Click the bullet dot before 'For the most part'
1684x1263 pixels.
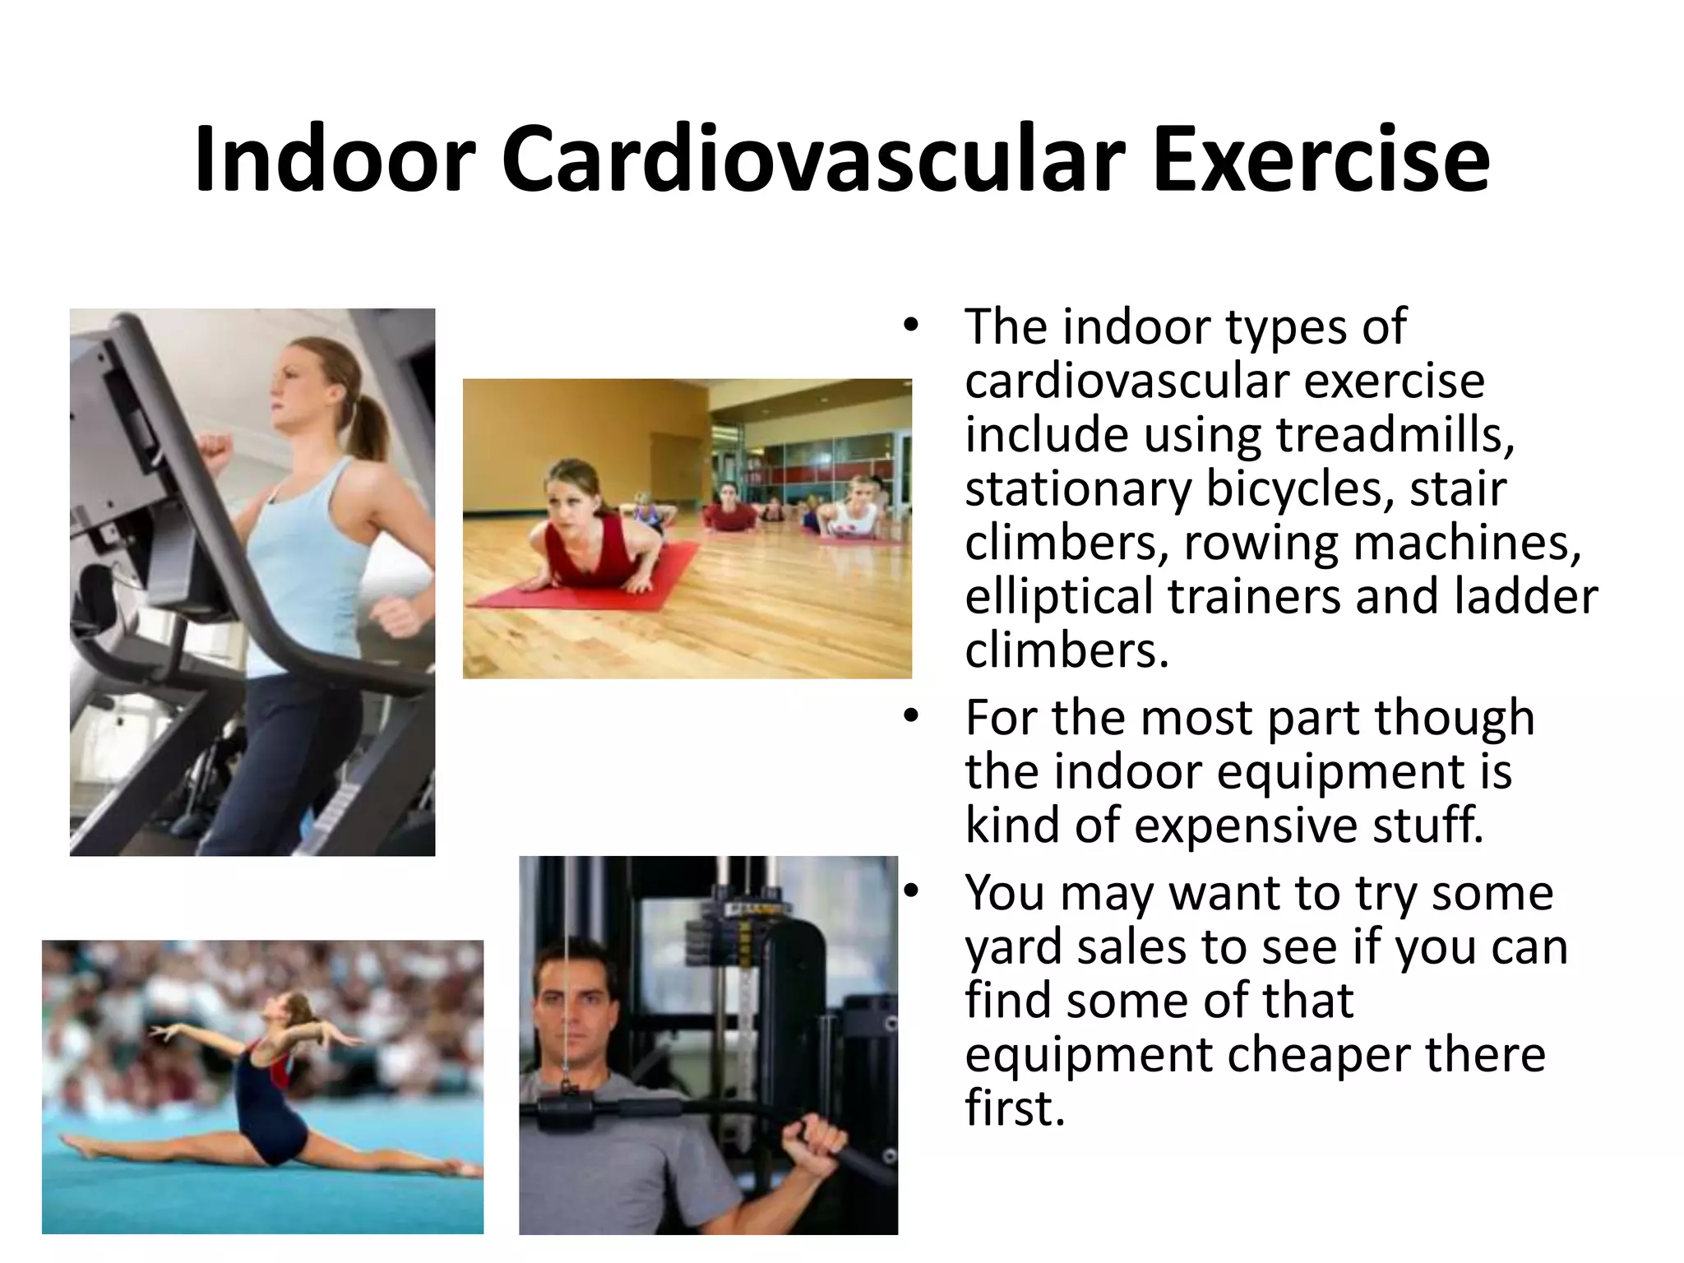[909, 717]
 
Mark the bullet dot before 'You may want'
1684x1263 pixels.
[909, 892]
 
